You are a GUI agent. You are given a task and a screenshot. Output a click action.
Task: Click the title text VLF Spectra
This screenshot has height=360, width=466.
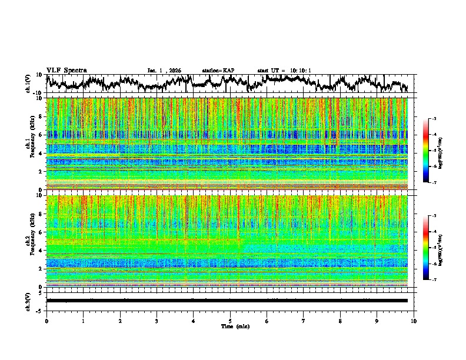(x=66, y=70)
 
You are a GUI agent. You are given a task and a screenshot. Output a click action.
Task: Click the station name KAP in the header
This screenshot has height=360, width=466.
(x=228, y=71)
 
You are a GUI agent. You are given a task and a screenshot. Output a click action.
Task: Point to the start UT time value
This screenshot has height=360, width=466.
(x=298, y=71)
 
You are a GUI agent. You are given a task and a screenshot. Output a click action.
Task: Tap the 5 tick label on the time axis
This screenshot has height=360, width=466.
(x=231, y=321)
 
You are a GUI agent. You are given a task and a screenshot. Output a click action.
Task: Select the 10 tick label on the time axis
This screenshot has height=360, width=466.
(x=414, y=321)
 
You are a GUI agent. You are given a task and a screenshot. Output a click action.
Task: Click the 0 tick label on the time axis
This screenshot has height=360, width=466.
(x=46, y=321)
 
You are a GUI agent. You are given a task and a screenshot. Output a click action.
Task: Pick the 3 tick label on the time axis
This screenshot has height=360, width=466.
(x=157, y=321)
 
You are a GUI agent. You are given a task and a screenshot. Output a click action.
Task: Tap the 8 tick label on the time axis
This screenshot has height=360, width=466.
(x=341, y=321)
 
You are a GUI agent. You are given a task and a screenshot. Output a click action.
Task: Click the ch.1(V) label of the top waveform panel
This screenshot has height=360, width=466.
(x=29, y=84)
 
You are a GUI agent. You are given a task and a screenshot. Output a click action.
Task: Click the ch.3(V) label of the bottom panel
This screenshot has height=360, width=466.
(x=29, y=301)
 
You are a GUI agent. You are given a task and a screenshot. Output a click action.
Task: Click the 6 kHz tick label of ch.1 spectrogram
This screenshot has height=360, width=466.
(x=41, y=135)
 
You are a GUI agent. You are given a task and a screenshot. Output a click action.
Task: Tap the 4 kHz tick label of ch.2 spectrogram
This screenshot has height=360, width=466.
(x=41, y=251)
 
